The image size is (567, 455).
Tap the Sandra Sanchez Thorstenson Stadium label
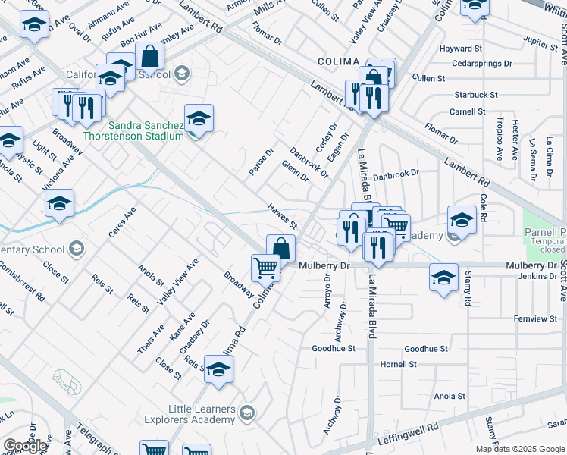click(x=146, y=130)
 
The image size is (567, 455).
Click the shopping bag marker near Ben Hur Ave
click(x=150, y=56)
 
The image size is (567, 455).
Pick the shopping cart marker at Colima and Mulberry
click(x=265, y=267)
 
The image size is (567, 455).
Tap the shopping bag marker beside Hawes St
click(x=280, y=248)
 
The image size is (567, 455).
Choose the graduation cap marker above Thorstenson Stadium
click(x=199, y=118)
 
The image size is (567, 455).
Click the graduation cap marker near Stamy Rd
click(x=444, y=277)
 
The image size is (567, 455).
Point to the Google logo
click(x=25, y=446)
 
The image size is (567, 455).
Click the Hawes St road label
click(x=282, y=215)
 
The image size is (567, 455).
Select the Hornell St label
click(x=399, y=364)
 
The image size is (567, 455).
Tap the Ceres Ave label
click(x=121, y=221)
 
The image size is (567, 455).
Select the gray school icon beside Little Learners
click(x=246, y=413)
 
